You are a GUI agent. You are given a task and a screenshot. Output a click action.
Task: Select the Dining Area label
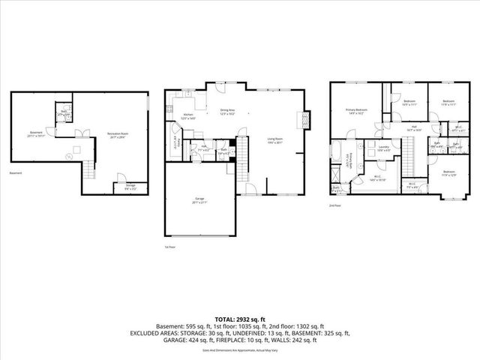[228, 113]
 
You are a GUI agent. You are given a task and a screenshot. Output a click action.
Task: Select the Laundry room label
[383, 149]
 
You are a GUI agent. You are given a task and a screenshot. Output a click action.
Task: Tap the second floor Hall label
[413, 128]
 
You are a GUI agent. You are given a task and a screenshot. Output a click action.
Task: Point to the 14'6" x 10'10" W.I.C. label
[378, 179]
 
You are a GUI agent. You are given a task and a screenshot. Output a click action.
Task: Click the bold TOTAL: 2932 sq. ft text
[239, 319]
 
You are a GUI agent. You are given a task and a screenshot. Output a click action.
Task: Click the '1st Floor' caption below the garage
[169, 246]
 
